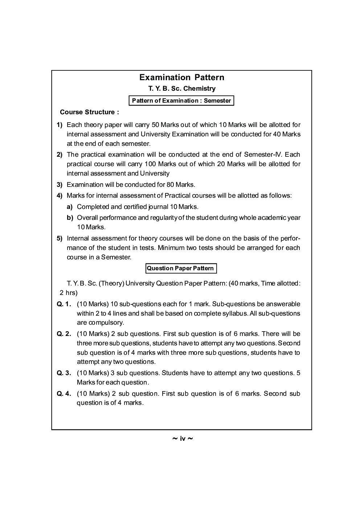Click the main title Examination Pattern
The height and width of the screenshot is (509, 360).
[182, 77]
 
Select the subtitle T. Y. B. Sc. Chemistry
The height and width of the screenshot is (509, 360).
[181, 89]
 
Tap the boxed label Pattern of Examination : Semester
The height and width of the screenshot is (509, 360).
[181, 100]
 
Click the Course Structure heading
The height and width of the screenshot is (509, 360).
[89, 112]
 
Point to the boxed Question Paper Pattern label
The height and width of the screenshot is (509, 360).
[181, 268]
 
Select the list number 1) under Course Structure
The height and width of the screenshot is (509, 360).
[60, 125]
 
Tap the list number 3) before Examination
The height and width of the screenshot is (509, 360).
[60, 184]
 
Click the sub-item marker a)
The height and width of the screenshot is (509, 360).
[70, 207]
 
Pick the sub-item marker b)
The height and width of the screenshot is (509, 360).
[70, 218]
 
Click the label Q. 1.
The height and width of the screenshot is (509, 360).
[64, 304]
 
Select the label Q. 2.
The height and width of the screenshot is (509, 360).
[64, 334]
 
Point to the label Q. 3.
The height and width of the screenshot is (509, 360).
[64, 373]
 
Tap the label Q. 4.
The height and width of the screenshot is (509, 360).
[64, 394]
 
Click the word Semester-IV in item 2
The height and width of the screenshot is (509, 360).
[260, 155]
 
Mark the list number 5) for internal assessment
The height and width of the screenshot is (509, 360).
[60, 239]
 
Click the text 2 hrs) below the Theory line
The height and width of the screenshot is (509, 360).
[69, 293]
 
